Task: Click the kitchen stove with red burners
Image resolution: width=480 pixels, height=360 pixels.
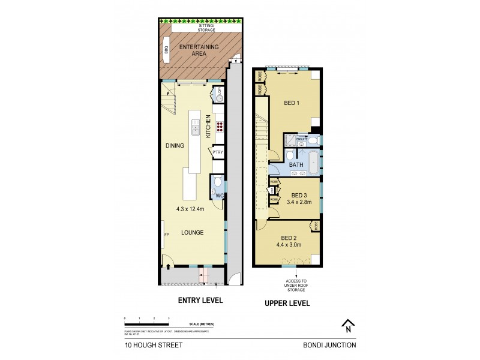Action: point(220,127)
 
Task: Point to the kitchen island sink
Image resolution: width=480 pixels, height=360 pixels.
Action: point(195,127)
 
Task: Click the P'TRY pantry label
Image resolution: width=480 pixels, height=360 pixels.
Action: point(217,152)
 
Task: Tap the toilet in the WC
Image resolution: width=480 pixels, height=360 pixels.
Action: point(217,182)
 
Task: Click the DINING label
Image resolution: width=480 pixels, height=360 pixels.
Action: point(175,145)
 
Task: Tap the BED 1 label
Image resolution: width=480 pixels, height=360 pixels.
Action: point(291,103)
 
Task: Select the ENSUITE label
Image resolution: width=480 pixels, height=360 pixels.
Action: point(301,139)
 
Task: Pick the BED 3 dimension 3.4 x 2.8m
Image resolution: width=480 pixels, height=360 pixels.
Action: point(300,203)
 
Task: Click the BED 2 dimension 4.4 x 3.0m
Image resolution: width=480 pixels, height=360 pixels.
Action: point(288,244)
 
